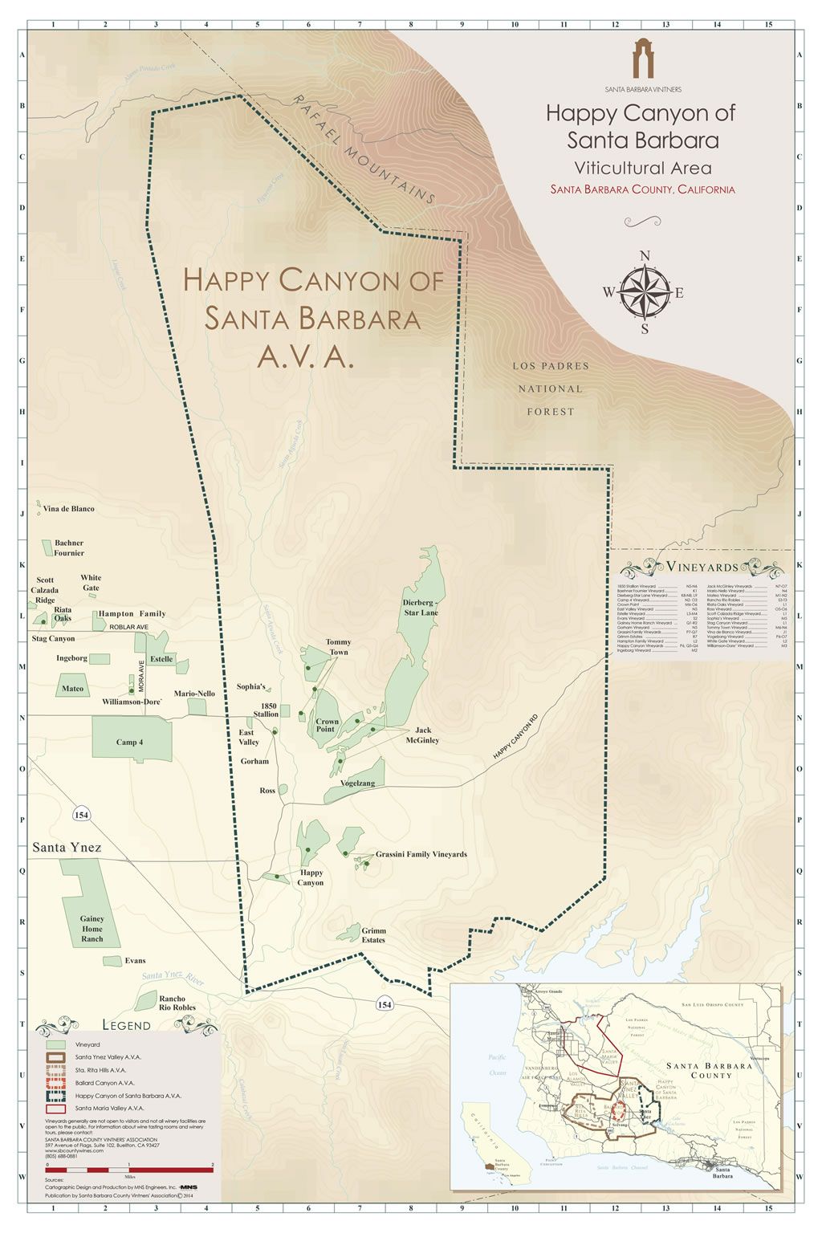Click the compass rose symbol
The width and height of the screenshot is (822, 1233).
tap(644, 292)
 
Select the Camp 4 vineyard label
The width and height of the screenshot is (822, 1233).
tap(129, 743)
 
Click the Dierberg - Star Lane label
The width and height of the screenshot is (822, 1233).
tap(420, 607)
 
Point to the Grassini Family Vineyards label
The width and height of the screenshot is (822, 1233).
tap(421, 855)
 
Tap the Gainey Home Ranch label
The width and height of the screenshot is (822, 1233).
tap(92, 929)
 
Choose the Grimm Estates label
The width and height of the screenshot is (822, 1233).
tap(373, 935)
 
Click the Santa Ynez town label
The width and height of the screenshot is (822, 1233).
tap(67, 848)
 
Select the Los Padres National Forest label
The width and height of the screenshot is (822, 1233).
tap(551, 389)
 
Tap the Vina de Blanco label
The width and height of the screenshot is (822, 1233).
tap(68, 509)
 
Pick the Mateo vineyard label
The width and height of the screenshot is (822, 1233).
tap(72, 689)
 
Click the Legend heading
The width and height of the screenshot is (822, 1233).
tap(126, 1025)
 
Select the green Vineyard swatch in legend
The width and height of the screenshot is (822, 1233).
tap(55, 1045)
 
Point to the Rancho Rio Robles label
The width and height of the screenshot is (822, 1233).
tap(172, 1003)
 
